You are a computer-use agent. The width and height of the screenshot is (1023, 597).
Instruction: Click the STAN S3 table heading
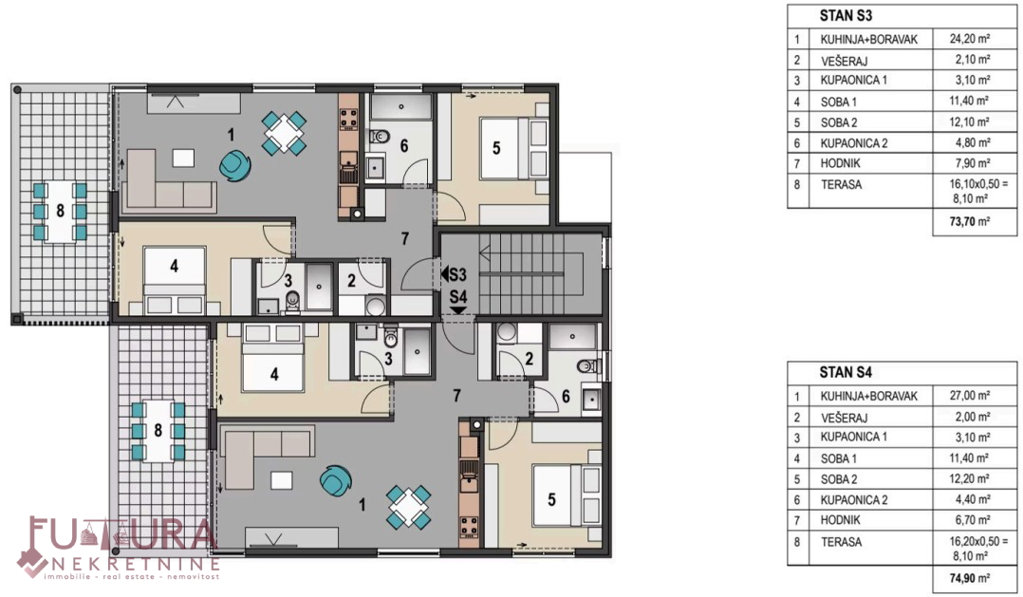click(x=846, y=15)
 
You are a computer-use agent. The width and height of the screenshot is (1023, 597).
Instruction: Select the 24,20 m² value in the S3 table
click(x=970, y=39)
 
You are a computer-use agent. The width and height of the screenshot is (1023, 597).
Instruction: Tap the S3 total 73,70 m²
click(x=970, y=221)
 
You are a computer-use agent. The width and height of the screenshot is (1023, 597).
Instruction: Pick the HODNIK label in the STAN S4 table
click(x=841, y=520)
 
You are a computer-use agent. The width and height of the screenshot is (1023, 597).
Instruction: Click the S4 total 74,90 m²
click(x=970, y=578)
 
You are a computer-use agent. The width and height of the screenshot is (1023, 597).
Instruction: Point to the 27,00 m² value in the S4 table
click(x=970, y=396)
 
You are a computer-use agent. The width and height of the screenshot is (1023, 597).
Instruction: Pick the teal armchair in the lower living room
click(x=335, y=480)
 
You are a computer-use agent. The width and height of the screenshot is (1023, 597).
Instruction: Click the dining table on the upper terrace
click(x=60, y=212)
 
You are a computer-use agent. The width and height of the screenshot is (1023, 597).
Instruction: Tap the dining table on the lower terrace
click(x=158, y=431)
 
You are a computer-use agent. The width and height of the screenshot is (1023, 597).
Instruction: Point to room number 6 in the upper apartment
click(x=404, y=145)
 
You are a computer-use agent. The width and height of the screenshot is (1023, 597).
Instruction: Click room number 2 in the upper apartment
click(x=351, y=281)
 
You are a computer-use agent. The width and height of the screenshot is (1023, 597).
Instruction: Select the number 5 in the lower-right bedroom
click(x=551, y=500)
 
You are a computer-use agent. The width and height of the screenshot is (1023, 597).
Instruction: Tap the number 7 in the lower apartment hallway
click(x=456, y=396)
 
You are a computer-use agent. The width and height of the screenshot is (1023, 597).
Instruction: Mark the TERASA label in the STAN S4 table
click(x=841, y=542)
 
